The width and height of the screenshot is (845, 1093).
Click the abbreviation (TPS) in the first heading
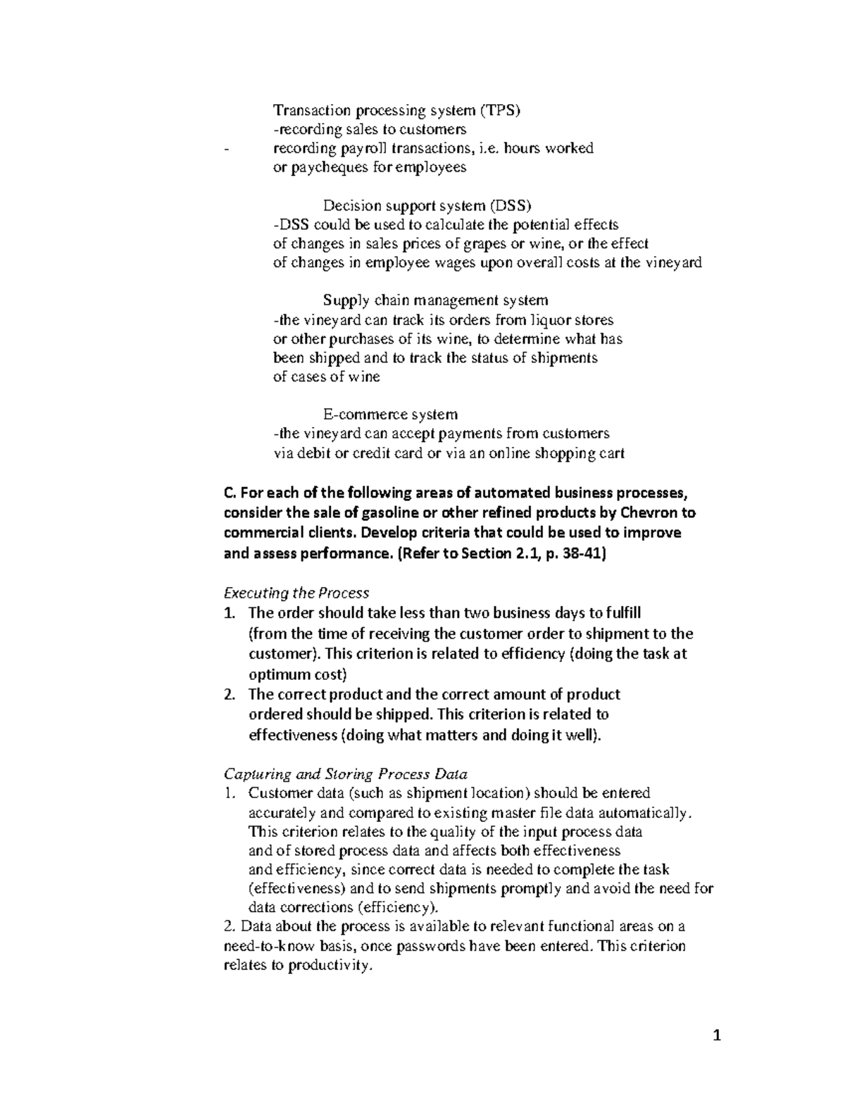500,110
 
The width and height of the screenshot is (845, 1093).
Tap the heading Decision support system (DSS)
427,206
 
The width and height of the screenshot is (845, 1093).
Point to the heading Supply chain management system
435,300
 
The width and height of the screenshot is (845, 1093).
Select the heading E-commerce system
390,414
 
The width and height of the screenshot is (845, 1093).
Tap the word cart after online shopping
611,453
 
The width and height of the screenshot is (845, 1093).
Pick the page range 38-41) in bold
577,553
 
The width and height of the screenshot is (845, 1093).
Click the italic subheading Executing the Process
296,593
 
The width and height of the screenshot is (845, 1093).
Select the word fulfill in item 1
618,613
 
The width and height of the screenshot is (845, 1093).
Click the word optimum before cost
281,675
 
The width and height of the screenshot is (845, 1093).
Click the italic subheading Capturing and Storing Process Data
345,774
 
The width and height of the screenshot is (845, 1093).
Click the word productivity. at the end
330,966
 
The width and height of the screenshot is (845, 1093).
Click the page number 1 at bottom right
718,1035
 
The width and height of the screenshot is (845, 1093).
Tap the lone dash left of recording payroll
225,149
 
